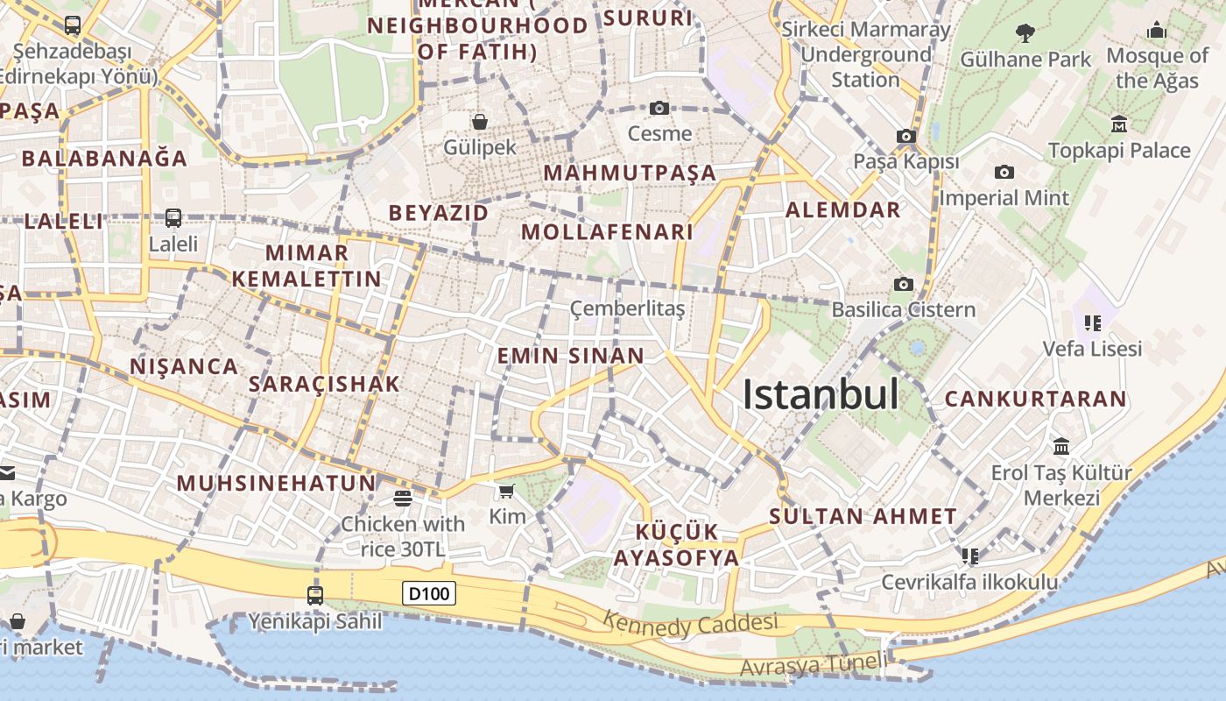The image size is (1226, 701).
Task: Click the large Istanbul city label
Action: [x=821, y=395]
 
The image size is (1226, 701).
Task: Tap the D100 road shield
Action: [x=430, y=594]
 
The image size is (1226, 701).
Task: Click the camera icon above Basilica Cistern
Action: [x=904, y=284]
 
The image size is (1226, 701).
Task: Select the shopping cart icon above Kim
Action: [x=506, y=491]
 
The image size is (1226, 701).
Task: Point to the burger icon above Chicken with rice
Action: [x=403, y=499]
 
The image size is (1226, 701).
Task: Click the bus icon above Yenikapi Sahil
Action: [x=315, y=596]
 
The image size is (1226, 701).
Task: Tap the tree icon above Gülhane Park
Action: [x=1025, y=33]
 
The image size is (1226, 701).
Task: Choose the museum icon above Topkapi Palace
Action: [x=1118, y=124]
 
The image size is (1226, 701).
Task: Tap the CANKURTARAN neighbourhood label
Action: [x=1035, y=399]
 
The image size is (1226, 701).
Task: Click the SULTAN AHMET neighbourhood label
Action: [x=863, y=516]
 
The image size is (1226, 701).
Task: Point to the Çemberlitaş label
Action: [x=627, y=308]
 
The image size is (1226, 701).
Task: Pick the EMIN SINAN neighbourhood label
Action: [x=571, y=356]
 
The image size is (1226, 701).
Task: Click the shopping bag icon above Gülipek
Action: [x=479, y=121]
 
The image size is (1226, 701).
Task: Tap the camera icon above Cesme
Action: [x=659, y=108]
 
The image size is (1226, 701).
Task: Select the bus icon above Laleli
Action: [x=173, y=217]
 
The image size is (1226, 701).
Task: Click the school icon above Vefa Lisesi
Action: [x=1092, y=322]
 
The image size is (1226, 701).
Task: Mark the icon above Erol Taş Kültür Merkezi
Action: [x=1061, y=447]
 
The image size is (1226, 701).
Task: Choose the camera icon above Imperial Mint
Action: [x=1004, y=172]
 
